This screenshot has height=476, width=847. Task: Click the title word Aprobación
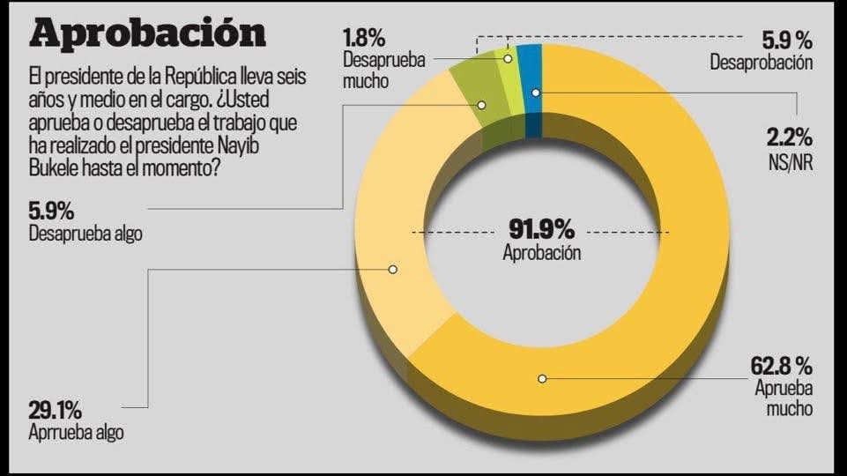(147, 33)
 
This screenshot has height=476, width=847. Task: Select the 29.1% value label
(55, 410)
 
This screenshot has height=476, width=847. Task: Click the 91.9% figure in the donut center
(542, 230)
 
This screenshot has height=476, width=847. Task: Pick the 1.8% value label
(362, 40)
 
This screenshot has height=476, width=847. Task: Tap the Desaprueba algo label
(85, 234)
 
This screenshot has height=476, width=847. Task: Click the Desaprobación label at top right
(761, 63)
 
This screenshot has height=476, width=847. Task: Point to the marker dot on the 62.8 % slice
(543, 379)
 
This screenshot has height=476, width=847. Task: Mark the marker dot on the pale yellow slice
(393, 269)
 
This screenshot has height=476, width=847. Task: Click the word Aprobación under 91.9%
(542, 253)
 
